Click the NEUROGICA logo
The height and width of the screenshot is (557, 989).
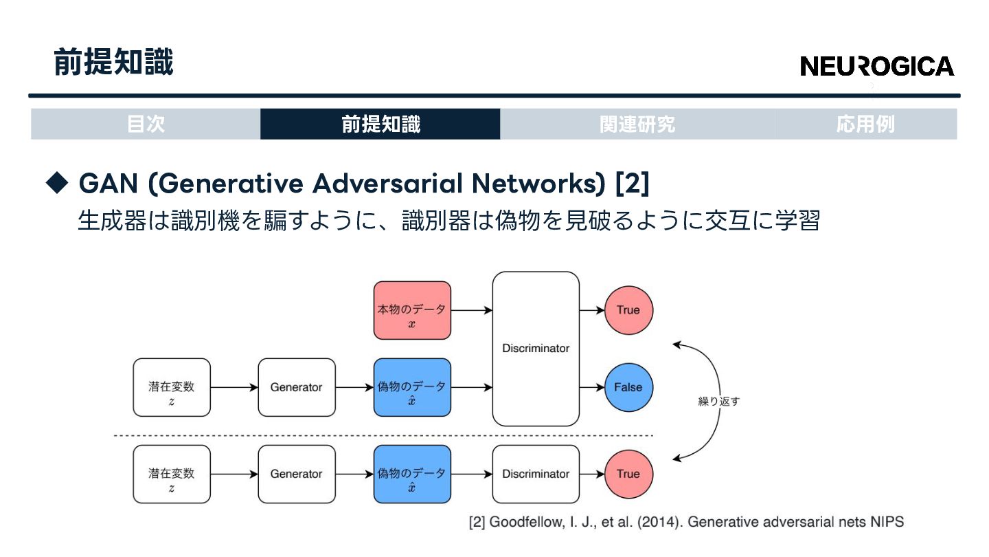[877, 66]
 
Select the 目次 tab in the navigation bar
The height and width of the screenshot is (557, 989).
[146, 124]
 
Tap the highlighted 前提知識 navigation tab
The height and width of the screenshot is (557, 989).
[380, 124]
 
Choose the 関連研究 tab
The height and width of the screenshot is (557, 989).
[637, 124]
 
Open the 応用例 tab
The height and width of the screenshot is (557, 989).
[865, 124]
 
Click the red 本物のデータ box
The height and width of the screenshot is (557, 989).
[412, 310]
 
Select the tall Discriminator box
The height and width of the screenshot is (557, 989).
[536, 349]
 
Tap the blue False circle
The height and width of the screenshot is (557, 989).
[628, 387]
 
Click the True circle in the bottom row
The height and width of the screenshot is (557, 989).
[628, 474]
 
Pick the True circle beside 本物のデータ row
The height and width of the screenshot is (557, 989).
[628, 310]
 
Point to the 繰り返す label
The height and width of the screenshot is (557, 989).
[718, 402]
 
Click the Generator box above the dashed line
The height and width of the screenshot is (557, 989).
[297, 387]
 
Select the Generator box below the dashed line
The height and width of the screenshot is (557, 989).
[297, 474]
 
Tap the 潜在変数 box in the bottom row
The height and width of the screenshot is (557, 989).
[172, 474]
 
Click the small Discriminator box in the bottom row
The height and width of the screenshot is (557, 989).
[536, 474]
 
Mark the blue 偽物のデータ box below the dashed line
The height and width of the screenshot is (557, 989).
[412, 474]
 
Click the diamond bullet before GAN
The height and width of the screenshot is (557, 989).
[58, 182]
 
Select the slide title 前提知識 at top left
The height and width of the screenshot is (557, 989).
[113, 63]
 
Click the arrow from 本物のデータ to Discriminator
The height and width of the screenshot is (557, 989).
[472, 310]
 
